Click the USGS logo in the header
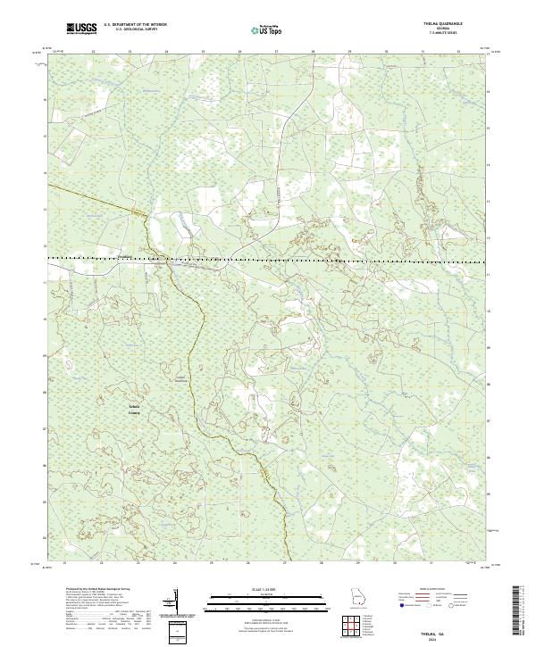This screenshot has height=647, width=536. pos(81,29)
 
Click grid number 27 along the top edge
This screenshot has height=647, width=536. pos(276,52)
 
